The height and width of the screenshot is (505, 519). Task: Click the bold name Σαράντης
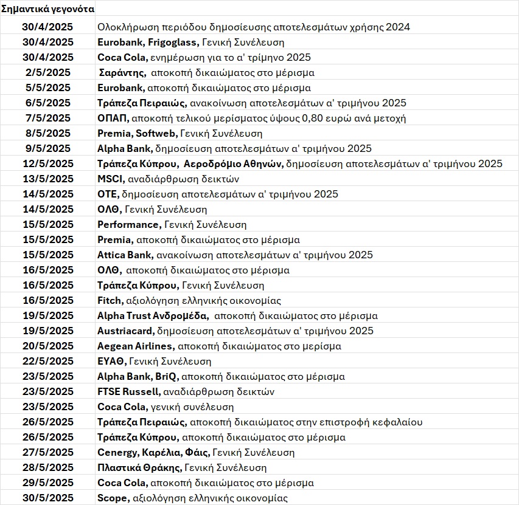[x=122, y=72]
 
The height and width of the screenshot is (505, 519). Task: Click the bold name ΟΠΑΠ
[x=111, y=118]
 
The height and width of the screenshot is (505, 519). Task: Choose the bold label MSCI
[x=110, y=179]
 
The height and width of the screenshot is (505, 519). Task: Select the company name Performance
[x=127, y=224]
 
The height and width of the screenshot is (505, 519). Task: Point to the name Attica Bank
[x=124, y=255]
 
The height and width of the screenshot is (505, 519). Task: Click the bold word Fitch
[x=110, y=300]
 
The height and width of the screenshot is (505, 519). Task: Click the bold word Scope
[x=113, y=498]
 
